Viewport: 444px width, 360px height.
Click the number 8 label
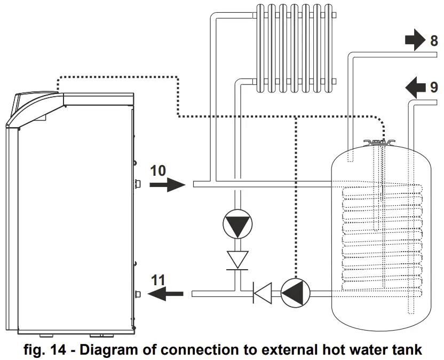point(434,41)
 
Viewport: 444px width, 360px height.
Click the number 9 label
point(434,85)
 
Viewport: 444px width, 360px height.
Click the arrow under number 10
point(166,185)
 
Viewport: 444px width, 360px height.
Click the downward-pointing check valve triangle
point(236,260)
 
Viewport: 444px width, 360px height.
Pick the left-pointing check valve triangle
point(261,293)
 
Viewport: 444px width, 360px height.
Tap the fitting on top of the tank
point(380,143)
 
